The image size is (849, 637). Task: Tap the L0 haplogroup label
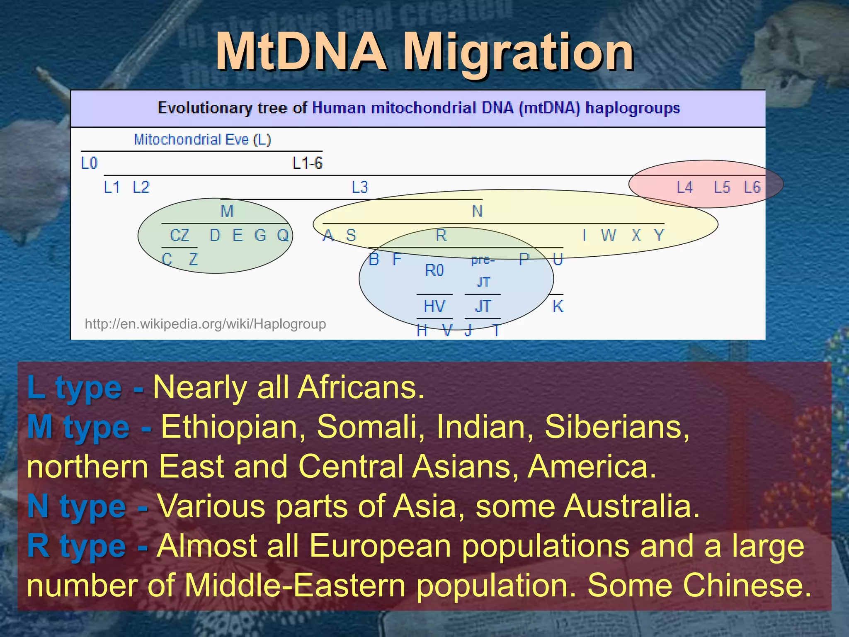pos(89,163)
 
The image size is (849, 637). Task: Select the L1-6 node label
pos(307,163)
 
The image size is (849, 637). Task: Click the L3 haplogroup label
pos(360,187)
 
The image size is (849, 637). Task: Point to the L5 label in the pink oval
pos(722,187)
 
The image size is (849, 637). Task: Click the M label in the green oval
pos(227,211)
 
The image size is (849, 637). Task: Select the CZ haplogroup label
pos(180,235)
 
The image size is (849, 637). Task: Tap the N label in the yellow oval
pos(477,211)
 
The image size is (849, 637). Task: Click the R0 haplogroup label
pos(434,270)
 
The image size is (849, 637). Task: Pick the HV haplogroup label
pos(434,306)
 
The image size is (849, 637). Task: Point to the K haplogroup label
pos(558,306)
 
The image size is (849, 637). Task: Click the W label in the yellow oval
pos(608,235)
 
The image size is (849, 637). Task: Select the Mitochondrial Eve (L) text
pos(202,139)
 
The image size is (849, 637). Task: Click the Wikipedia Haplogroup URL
pos(205,323)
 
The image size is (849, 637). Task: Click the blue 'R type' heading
pos(77,546)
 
